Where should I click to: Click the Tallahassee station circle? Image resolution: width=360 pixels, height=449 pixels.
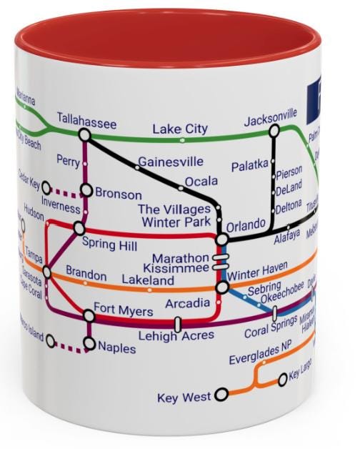click(x=84, y=134)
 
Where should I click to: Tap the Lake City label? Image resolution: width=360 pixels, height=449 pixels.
click(x=180, y=129)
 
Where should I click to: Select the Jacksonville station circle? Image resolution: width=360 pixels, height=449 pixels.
click(x=274, y=131)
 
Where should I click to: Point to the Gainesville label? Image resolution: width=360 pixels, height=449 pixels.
click(x=171, y=162)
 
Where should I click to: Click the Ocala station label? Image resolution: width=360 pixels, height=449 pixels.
click(x=201, y=182)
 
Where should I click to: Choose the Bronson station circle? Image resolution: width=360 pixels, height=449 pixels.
click(x=86, y=190)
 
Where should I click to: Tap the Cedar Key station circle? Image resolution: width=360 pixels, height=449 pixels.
click(x=46, y=188)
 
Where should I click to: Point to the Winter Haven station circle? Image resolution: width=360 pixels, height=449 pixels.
click(x=223, y=287)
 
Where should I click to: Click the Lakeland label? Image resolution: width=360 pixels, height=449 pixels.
click(x=147, y=281)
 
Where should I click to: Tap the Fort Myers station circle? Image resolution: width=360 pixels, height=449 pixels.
click(x=89, y=315)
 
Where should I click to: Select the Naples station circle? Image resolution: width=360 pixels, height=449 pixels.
click(x=89, y=344)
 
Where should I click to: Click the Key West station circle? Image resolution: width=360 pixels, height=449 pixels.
click(x=221, y=393)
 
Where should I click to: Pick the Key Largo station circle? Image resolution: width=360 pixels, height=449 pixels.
click(x=282, y=379)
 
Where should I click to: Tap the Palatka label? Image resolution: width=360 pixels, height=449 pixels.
click(x=249, y=167)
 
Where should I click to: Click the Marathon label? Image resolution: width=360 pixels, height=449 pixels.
click(x=181, y=258)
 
